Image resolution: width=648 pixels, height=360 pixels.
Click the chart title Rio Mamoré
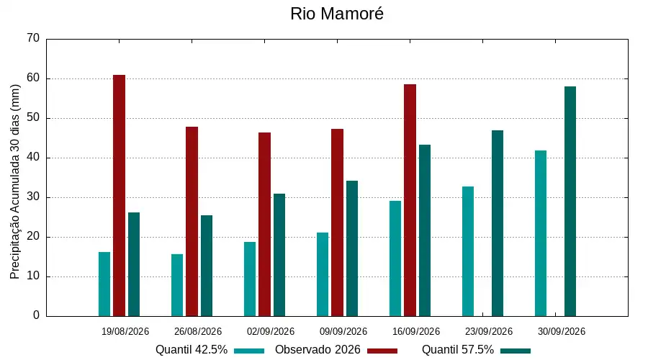pos(337,14)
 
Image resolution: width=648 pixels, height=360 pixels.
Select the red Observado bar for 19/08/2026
pos(119,196)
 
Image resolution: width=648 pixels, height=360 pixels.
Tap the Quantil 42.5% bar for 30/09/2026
pos(541,233)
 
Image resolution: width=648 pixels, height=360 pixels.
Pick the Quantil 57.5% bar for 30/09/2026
pos(570,202)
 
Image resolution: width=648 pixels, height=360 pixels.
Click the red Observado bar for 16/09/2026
pos(410,200)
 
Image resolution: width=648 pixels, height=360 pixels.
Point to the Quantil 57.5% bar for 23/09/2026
pos(498,224)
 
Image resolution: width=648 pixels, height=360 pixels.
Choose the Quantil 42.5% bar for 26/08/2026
pos(177,285)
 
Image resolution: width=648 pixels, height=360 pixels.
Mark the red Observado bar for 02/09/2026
pos(264,225)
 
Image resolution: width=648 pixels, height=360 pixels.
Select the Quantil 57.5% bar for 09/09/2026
pos(352,248)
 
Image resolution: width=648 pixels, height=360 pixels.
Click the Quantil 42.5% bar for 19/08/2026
pos(104,284)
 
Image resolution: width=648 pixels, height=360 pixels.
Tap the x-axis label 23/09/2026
pos(488,331)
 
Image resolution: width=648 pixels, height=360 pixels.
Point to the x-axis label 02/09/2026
pos(271,331)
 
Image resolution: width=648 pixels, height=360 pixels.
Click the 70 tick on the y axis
pos(33,38)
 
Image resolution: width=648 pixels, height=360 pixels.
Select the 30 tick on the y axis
pos(33,197)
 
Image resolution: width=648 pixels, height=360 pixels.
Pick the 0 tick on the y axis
pos(37,315)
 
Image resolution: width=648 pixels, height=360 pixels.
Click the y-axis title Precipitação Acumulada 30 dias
pos(15,182)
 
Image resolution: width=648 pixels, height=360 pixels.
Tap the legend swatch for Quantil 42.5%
pos(249,351)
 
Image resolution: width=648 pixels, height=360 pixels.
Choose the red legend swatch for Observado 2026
pos(382,351)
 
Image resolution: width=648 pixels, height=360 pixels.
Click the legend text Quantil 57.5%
pos(458,350)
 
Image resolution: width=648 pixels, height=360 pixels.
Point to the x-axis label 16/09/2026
pos(416,331)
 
